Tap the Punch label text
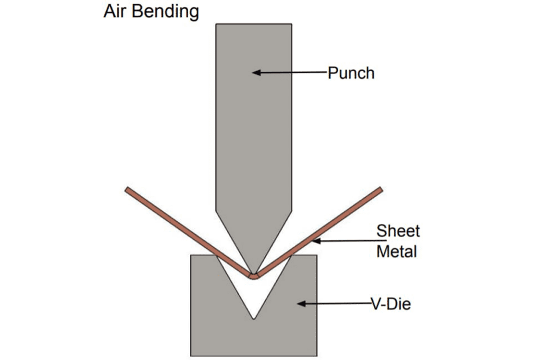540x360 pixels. pyautogui.click(x=351, y=73)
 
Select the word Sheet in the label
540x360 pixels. pyautogui.click(x=398, y=231)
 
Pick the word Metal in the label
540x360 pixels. pyautogui.click(x=397, y=251)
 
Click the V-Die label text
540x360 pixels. pyautogui.click(x=391, y=304)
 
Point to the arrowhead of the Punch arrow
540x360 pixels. pyautogui.click(x=254, y=72)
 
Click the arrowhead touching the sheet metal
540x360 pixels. pyautogui.click(x=314, y=242)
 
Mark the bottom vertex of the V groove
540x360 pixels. pyautogui.click(x=254, y=318)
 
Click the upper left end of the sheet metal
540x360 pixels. pyautogui.click(x=127, y=189)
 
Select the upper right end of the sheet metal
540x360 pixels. pyautogui.click(x=380, y=189)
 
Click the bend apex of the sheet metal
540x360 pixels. pyautogui.click(x=254, y=276)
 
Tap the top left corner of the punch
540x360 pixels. pyautogui.click(x=216, y=24)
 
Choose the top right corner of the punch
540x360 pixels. pyautogui.click(x=292, y=24)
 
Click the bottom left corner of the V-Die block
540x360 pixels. pyautogui.click(x=191, y=355)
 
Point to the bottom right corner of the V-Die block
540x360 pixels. pyautogui.click(x=317, y=355)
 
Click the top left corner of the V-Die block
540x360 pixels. pyautogui.click(x=191, y=256)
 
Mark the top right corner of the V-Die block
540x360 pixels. pyautogui.click(x=317, y=256)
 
